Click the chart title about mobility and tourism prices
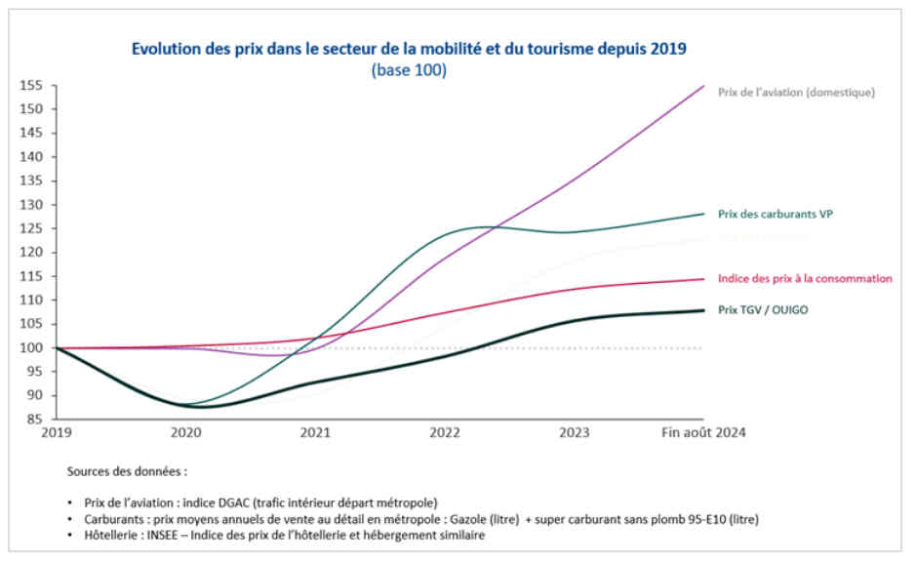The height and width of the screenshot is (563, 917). (x=409, y=48)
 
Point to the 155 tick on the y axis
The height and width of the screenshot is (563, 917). (x=32, y=85)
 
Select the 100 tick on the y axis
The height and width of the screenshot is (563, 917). (x=32, y=347)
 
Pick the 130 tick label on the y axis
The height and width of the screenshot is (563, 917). (x=32, y=204)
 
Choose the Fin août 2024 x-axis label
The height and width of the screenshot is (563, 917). (x=703, y=431)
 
